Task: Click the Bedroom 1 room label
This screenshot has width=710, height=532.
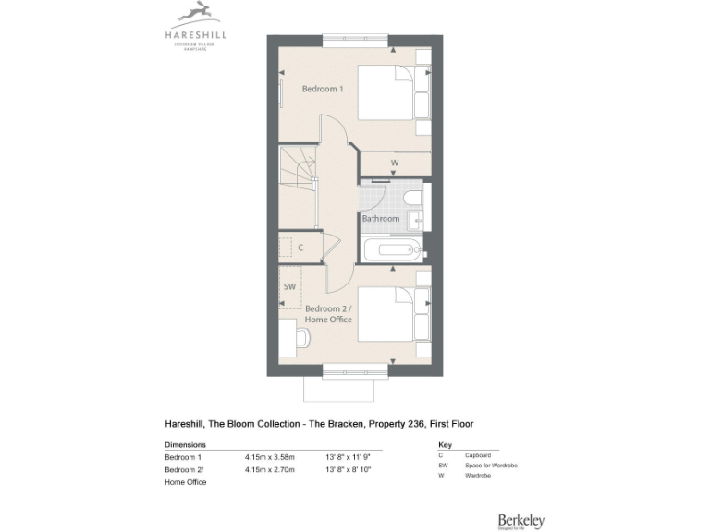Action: coord(323,90)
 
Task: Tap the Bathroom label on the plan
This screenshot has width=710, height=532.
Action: coord(380,219)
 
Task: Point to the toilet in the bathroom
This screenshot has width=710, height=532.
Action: coord(413,196)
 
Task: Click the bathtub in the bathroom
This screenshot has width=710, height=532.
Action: coord(391,249)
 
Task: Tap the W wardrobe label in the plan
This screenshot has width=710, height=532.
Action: coord(394,163)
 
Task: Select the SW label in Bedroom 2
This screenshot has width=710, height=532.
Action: coord(289,287)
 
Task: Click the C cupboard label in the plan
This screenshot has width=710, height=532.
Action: coord(300,248)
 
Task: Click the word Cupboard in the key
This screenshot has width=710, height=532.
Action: coord(477,455)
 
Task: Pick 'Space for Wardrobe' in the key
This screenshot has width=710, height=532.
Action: coord(491,465)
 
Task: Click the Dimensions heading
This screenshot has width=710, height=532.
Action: coord(185,444)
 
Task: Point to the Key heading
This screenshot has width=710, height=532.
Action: coord(445,444)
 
